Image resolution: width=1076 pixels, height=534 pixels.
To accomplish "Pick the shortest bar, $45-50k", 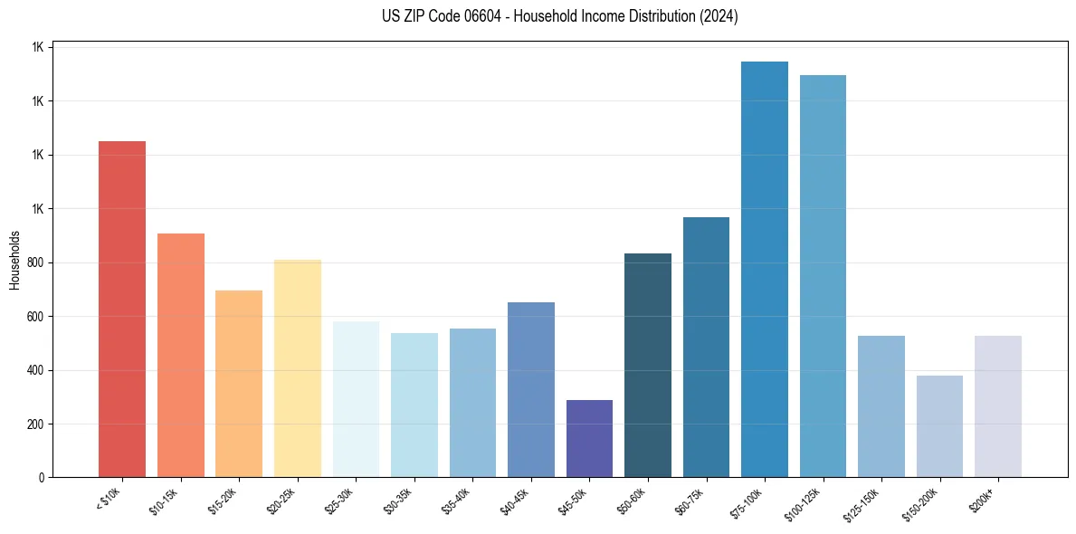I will pos(589,439).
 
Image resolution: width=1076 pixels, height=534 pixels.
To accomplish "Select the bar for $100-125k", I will pos(823,276).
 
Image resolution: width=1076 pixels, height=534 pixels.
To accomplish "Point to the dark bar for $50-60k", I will pos(648,366).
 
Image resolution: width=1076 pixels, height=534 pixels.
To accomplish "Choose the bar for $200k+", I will pos(998,406).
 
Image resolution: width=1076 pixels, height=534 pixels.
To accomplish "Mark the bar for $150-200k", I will pos(939,426).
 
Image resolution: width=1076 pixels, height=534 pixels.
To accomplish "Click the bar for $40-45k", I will pos(531,390).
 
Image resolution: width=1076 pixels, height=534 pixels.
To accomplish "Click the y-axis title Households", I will pos(15,259).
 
